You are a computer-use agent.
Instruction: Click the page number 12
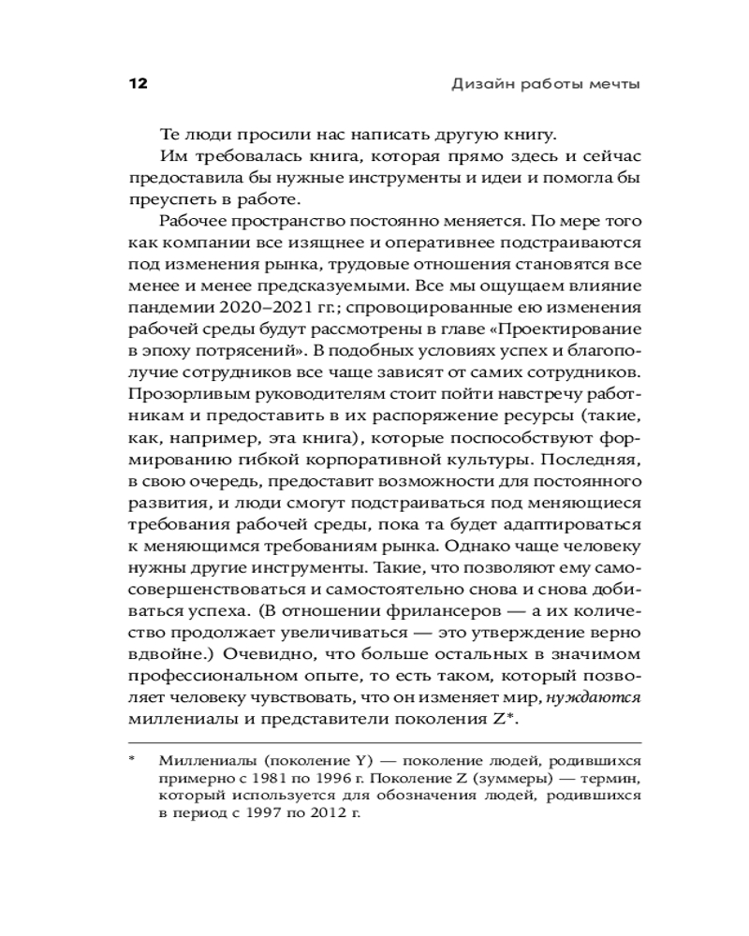(x=138, y=84)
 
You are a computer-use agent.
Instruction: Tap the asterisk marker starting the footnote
(x=133, y=759)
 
